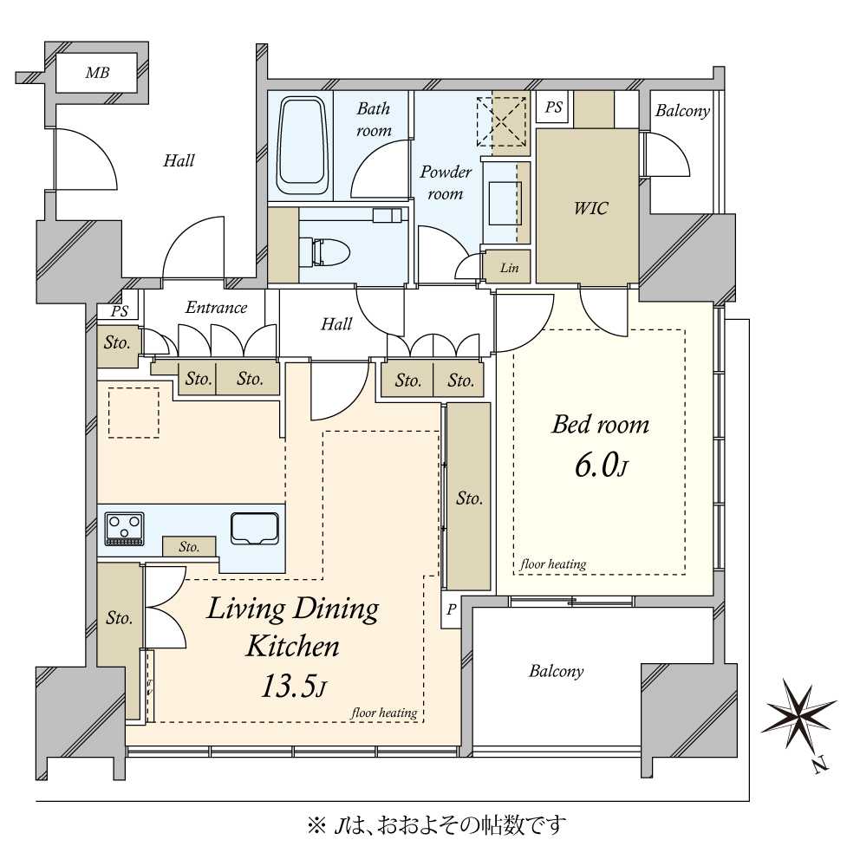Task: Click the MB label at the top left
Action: click(98, 73)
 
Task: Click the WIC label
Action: click(590, 208)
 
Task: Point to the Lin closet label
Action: click(509, 268)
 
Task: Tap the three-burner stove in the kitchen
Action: click(125, 529)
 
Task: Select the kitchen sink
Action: click(255, 528)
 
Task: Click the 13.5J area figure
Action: click(293, 686)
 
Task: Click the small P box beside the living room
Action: click(452, 609)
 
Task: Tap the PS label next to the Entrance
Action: click(119, 311)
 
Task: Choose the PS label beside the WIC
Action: click(553, 107)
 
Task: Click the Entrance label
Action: click(216, 307)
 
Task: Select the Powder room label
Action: click(446, 183)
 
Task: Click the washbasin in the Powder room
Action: click(505, 204)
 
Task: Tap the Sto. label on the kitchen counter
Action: click(189, 546)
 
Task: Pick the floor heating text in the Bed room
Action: click(553, 564)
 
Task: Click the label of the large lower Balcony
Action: click(557, 671)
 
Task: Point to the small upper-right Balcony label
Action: click(682, 111)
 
